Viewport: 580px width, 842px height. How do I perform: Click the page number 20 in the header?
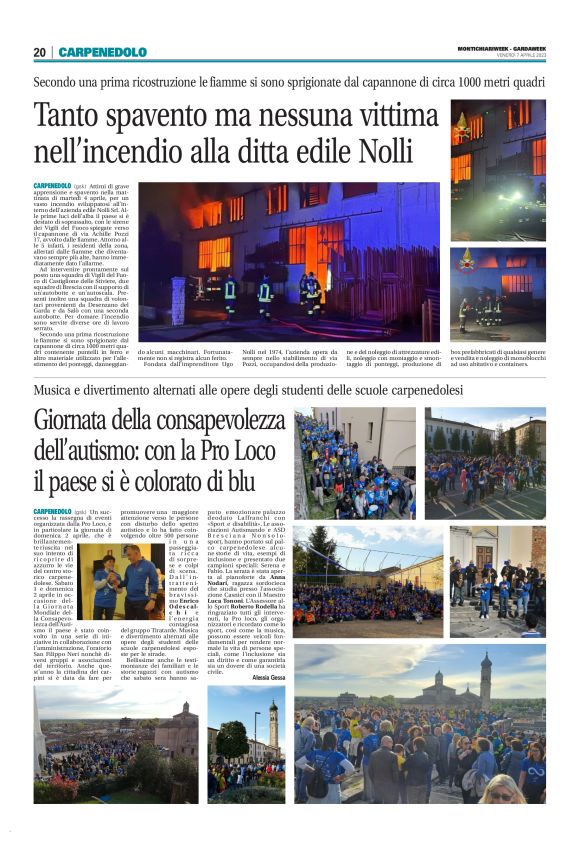pyautogui.click(x=40, y=52)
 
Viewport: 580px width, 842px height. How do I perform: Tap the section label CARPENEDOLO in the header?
pyautogui.click(x=102, y=52)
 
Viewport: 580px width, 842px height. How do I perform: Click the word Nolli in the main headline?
pyautogui.click(x=385, y=151)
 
